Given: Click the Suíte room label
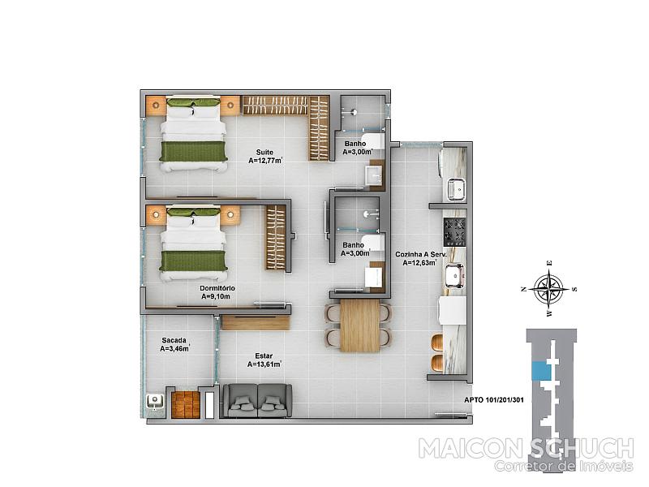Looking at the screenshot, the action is pos(264,152).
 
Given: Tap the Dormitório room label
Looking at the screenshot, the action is pos(217,288).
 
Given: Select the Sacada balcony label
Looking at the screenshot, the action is pos(174,340).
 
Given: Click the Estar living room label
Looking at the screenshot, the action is pos(264,356).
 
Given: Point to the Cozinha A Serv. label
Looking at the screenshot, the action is pos(420,254).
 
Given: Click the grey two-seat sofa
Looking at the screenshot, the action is pos(257,400).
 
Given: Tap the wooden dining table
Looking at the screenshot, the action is pos(359,325).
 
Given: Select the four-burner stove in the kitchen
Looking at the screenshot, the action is pos(455,231).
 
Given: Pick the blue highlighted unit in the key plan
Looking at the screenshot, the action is pos(539,371).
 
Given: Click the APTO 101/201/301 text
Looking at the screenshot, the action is pos(494,400).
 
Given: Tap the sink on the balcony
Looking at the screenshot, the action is pos(155,401).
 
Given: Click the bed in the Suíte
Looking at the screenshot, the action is pos(193,134).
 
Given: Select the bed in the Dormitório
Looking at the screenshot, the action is pos(193,245).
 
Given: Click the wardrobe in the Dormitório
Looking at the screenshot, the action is pos(276,238).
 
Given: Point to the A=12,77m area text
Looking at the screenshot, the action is pos(265,161).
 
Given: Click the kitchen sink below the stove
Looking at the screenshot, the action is pos(454,275).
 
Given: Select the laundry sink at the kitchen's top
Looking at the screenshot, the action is pos(456,189).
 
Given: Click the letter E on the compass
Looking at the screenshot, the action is pos(549,263).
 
